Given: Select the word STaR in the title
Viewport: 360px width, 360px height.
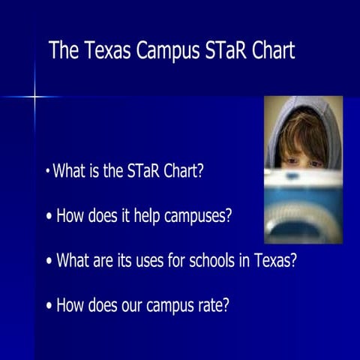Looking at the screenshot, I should tap(218, 51).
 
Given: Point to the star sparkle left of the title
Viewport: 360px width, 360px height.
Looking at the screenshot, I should tap(34, 97).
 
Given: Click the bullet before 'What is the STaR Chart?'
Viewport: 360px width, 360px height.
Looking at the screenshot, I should tap(47, 172).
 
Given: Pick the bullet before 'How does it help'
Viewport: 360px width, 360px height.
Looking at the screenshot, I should tap(49, 217).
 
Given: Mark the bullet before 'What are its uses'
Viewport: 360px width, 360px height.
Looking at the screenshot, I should tap(49, 262).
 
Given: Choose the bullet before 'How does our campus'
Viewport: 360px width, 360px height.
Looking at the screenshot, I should tap(49, 306).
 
